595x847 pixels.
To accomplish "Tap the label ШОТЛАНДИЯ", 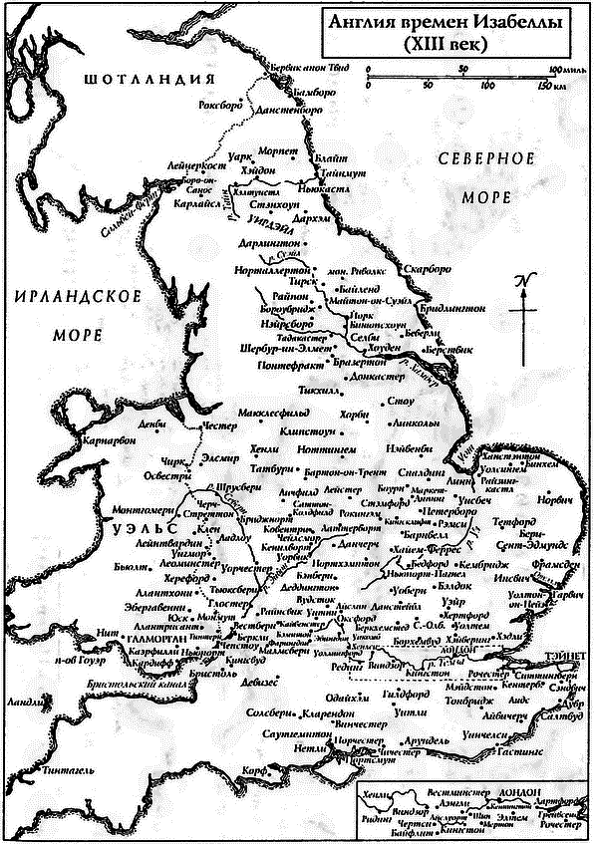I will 150,81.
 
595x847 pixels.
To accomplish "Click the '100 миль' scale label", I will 564,70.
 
